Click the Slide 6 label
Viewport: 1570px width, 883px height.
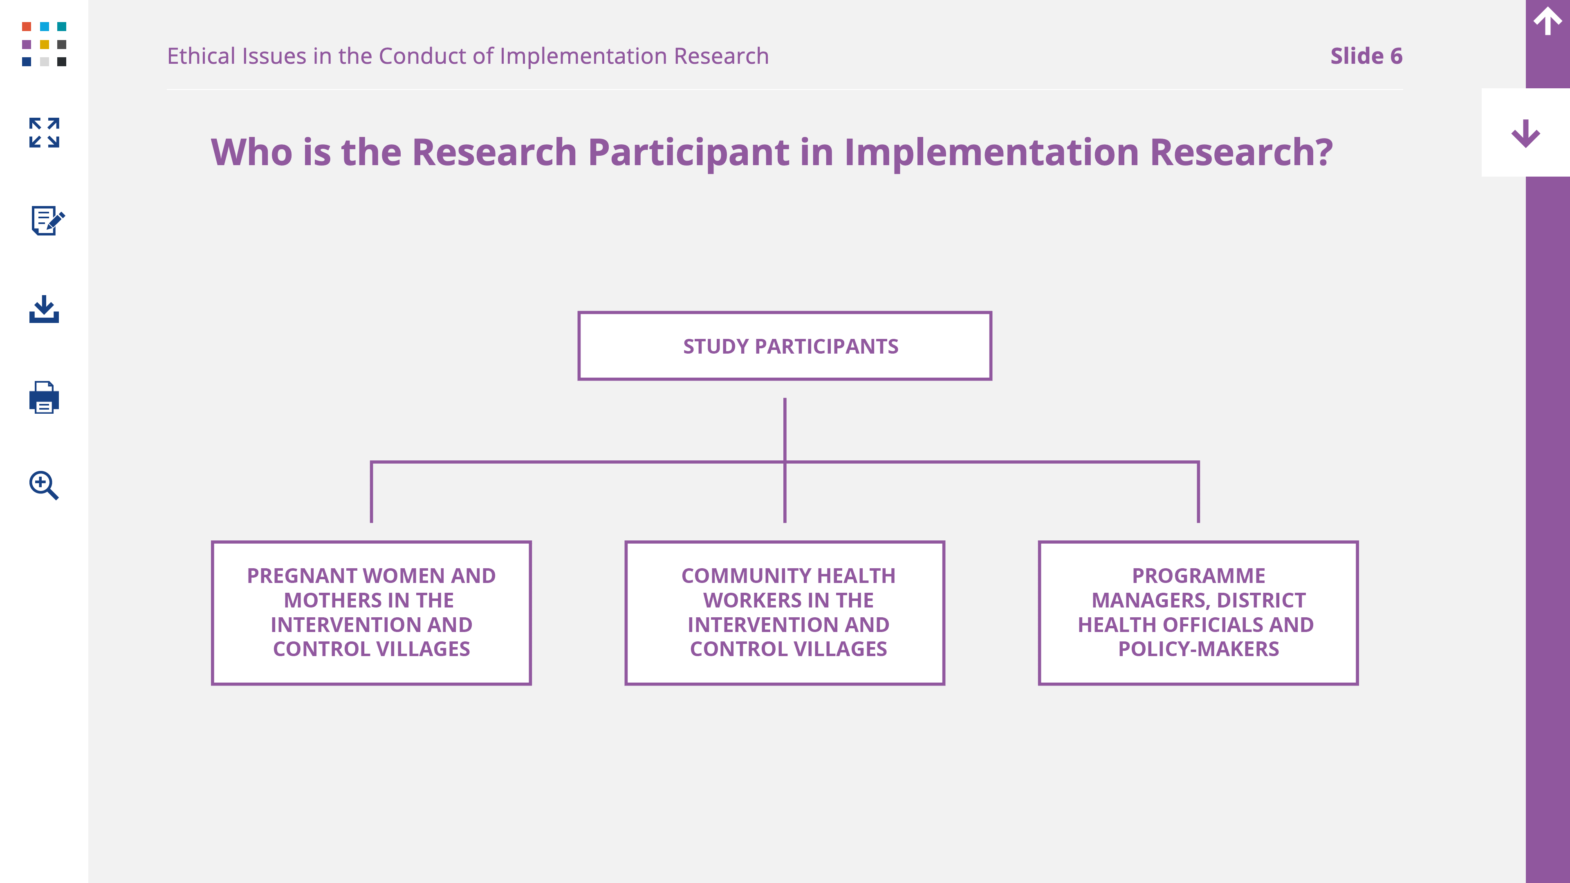pos(1366,56)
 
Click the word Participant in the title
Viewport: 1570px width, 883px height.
pos(689,152)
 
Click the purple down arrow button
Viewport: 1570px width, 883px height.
pos(1525,133)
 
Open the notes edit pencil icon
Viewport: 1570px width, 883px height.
pos(47,220)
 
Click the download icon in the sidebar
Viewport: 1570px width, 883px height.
pos(44,309)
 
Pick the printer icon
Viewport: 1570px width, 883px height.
pos(44,397)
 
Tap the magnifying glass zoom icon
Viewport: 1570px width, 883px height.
pos(44,485)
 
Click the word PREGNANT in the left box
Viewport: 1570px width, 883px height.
pos(302,576)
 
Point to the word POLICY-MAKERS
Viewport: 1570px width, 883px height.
pos(1198,649)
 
